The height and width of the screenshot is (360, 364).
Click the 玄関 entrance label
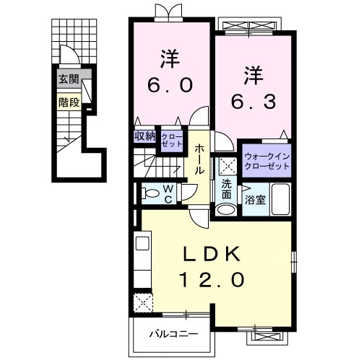click(x=69, y=79)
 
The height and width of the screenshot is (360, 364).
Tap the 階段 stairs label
click(x=69, y=102)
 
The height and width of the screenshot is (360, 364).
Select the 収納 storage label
click(x=144, y=136)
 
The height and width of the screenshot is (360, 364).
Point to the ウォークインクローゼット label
click(x=266, y=162)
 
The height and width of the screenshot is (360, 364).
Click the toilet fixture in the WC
click(x=150, y=193)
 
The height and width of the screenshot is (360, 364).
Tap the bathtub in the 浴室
click(x=280, y=199)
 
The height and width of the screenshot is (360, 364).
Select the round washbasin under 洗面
click(x=226, y=209)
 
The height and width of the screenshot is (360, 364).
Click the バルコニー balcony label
click(x=173, y=334)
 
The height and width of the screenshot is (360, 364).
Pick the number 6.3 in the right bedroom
click(x=253, y=102)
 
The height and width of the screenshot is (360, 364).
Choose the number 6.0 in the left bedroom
click(x=170, y=85)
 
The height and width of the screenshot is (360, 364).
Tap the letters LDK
click(x=212, y=255)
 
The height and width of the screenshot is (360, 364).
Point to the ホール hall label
click(x=199, y=159)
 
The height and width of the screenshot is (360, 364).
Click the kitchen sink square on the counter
click(x=142, y=243)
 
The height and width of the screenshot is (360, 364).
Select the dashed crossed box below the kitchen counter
click(x=143, y=302)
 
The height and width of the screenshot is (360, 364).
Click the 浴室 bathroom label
click(x=255, y=200)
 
